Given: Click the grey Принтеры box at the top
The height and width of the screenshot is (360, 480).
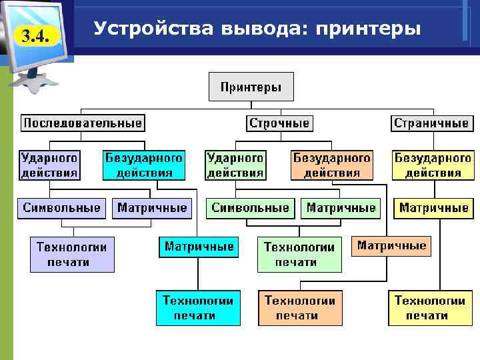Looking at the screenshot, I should [x=251, y=87].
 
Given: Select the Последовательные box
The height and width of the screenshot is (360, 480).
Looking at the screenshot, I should [x=83, y=123].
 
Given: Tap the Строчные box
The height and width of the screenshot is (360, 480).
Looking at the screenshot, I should [x=279, y=123].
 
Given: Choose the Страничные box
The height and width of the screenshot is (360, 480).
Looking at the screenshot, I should [x=431, y=123].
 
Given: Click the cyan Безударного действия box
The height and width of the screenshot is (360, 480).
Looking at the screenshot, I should [x=144, y=165].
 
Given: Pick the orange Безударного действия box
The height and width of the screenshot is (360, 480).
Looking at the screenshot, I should [x=332, y=165].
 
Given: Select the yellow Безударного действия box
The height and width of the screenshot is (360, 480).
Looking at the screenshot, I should [x=433, y=165].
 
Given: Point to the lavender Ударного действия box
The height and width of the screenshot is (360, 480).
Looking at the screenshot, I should [x=49, y=165].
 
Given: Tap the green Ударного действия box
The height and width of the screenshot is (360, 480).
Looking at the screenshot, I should [x=235, y=165].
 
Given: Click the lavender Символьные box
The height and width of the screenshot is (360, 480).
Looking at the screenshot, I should [x=62, y=208].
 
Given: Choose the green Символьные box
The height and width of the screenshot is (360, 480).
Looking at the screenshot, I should [x=251, y=208].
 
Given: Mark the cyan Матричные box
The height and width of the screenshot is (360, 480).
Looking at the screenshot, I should [x=199, y=247].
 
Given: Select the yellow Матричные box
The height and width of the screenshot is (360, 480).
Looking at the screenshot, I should [x=433, y=208].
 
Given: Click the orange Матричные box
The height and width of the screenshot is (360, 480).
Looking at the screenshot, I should [x=392, y=246].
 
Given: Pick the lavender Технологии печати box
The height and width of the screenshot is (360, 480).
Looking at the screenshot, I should [x=72, y=254].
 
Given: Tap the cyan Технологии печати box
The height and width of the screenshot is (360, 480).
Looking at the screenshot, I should [x=197, y=307].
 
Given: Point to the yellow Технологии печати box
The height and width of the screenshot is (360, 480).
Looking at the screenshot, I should [x=430, y=307].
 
